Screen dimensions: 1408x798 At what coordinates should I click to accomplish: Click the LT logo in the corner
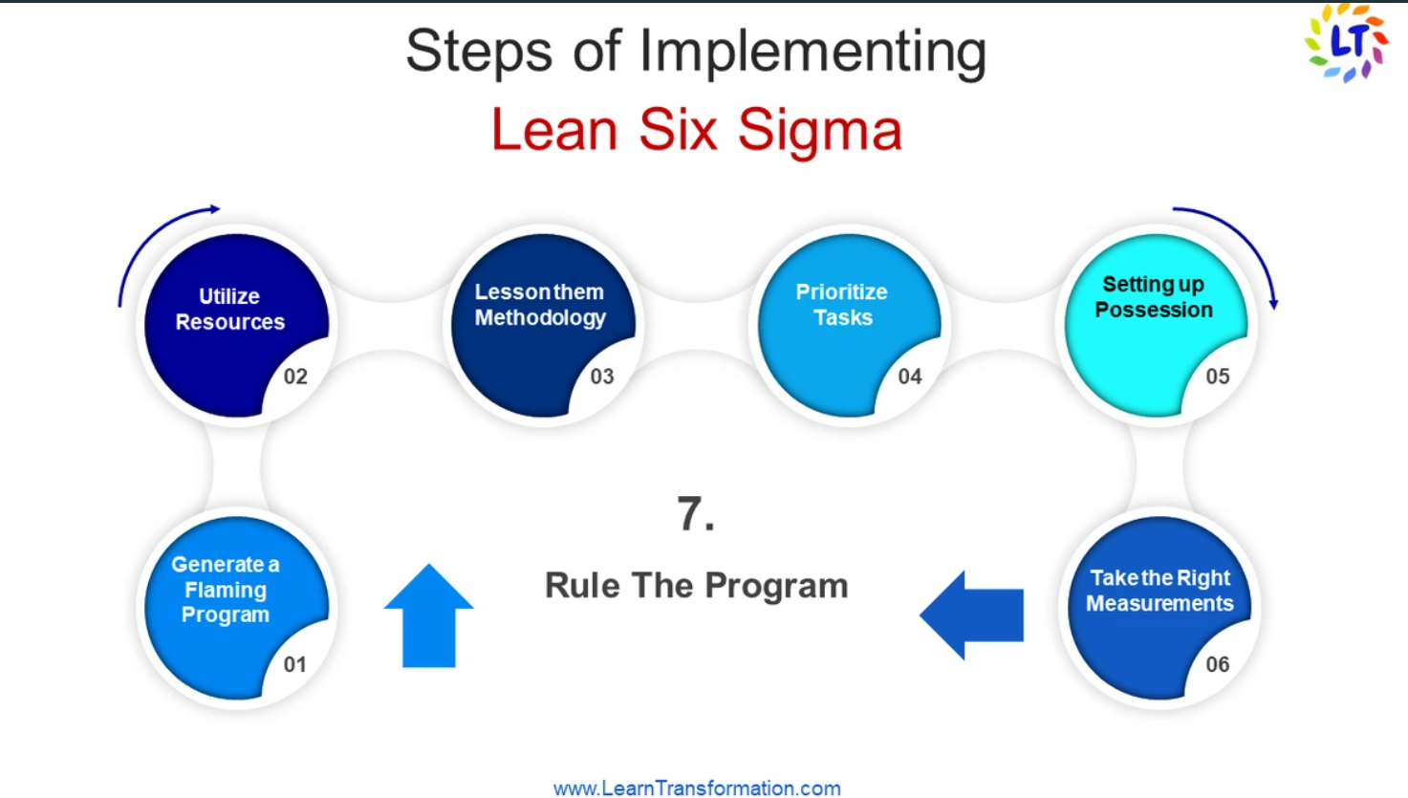(x=1347, y=43)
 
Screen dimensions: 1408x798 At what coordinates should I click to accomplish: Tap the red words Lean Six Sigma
(x=697, y=131)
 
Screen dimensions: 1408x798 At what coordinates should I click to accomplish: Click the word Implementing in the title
(x=812, y=53)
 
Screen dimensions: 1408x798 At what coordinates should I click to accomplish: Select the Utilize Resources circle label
(x=230, y=309)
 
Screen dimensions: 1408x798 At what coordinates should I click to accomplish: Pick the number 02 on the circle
(x=295, y=377)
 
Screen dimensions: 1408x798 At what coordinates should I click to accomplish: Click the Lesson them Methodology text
(x=540, y=305)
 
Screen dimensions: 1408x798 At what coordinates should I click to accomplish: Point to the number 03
(x=601, y=377)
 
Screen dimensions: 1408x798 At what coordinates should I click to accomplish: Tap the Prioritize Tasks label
(x=842, y=305)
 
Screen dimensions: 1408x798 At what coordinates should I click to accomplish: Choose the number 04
(x=910, y=377)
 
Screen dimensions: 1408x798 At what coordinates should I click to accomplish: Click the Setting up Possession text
(x=1154, y=297)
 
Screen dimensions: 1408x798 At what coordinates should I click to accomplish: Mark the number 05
(x=1218, y=377)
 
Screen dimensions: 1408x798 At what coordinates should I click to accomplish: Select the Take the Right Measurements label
(x=1159, y=591)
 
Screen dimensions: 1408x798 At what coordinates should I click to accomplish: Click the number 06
(x=1218, y=664)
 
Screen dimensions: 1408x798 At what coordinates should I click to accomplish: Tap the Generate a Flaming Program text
(x=226, y=590)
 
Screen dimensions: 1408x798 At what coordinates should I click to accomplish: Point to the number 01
(x=294, y=664)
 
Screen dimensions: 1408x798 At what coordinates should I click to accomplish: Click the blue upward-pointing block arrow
(x=428, y=615)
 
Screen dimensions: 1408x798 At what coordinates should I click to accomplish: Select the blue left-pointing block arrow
(x=972, y=615)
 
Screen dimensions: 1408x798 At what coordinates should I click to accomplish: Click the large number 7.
(x=696, y=514)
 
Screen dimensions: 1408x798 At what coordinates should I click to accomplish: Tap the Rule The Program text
(x=697, y=586)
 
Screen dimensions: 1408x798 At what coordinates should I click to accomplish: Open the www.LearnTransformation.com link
(x=697, y=787)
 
